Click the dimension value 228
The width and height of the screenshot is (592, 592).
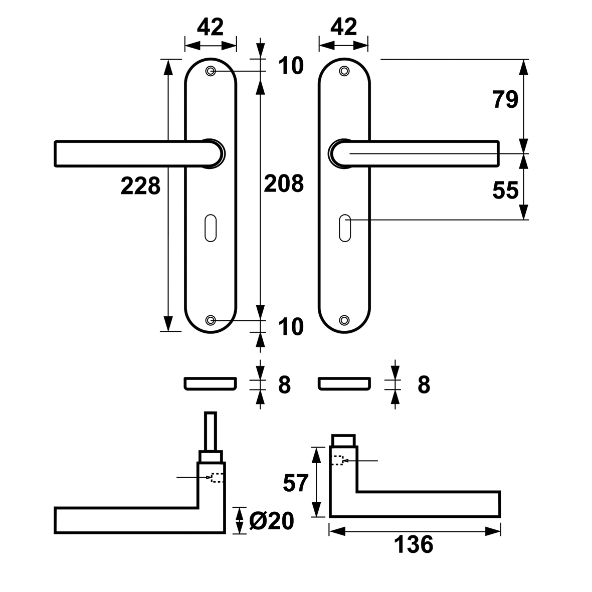click(140, 186)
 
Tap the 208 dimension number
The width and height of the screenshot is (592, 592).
click(284, 184)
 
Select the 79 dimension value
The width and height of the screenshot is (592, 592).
click(506, 100)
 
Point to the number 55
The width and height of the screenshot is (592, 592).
click(506, 190)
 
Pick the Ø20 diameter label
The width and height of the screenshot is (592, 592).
click(272, 521)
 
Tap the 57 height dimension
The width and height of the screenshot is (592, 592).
click(296, 483)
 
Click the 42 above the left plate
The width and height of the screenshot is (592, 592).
click(211, 27)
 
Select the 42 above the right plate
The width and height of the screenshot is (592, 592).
click(343, 27)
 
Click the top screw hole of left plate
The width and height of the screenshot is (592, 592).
click(211, 71)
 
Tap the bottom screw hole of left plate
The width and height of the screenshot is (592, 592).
click(211, 320)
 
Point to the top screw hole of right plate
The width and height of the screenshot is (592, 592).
click(344, 71)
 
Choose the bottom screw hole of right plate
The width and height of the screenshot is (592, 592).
click(344, 320)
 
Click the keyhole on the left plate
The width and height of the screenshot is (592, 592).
click(211, 228)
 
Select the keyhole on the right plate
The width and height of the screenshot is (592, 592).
click(345, 228)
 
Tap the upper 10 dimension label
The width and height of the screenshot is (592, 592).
click(291, 66)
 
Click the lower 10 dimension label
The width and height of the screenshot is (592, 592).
click(291, 327)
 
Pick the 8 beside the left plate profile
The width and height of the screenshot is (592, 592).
click(284, 385)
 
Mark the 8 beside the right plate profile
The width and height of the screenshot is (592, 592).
click(424, 385)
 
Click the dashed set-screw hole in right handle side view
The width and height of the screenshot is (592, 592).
click(337, 460)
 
